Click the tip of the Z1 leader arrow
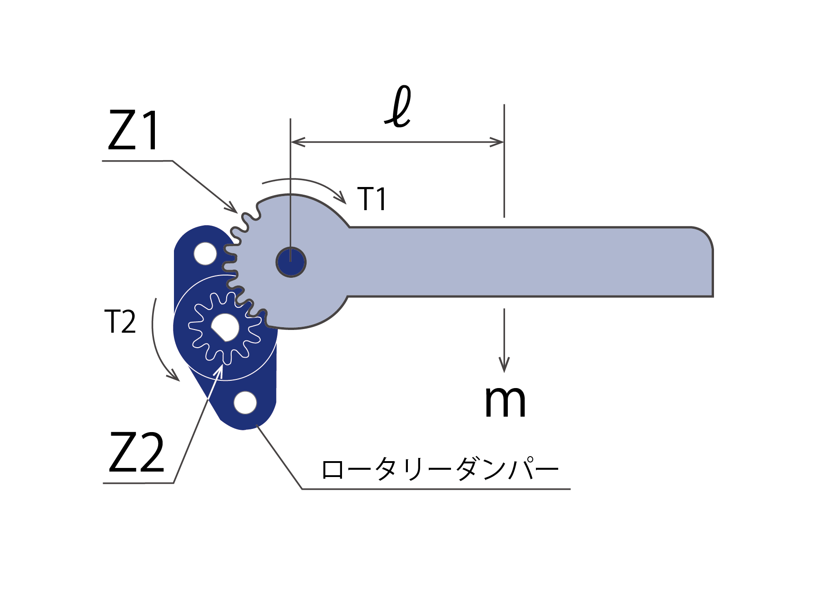click(237, 212)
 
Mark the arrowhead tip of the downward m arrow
click(504, 372)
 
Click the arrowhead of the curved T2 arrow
click(179, 380)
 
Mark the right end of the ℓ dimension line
click(504, 142)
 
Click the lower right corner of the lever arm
click(713, 296)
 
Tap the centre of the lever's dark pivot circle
click(291, 262)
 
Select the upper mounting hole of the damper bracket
click(205, 253)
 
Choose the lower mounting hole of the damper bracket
click(245, 403)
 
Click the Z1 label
click(134, 131)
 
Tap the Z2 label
click(136, 453)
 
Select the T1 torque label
click(372, 199)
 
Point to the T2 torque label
click(120, 322)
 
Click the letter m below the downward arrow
click(505, 401)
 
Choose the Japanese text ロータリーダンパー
click(440, 469)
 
